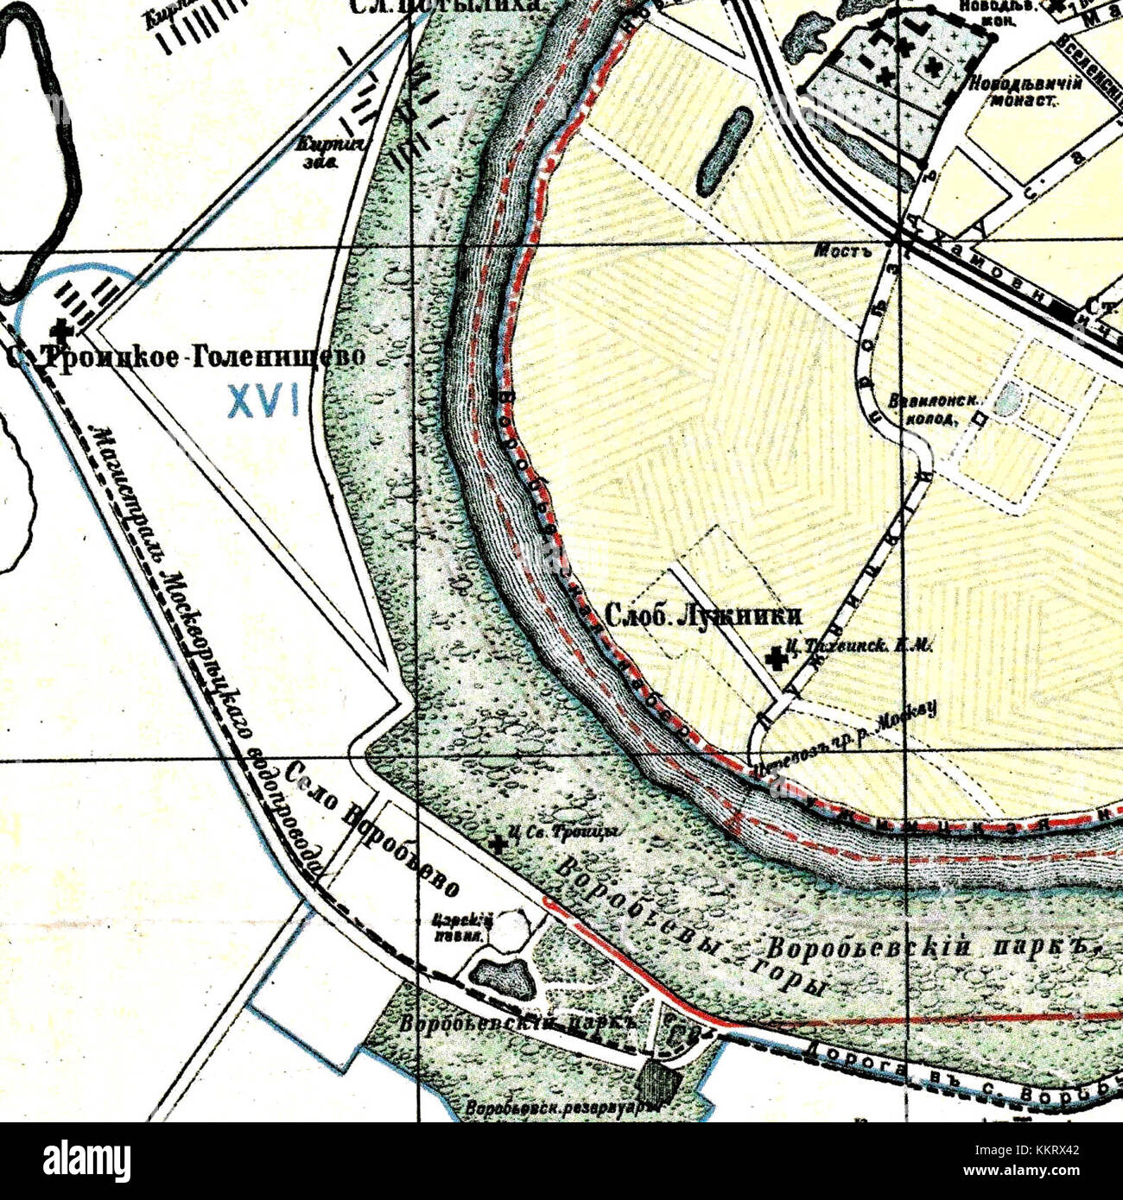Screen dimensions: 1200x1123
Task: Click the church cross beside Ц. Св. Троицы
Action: point(498,843)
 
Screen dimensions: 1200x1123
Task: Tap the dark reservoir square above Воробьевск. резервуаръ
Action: point(660,1080)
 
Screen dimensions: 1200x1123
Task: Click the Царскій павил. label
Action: point(465,927)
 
